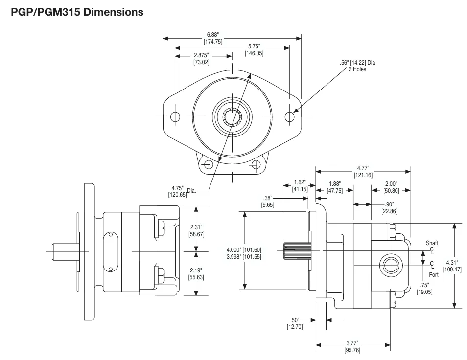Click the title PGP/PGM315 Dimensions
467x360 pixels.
[77, 12]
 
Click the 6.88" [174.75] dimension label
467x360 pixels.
[213, 38]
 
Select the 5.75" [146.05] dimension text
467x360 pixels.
[254, 50]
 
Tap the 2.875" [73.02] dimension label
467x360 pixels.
[202, 59]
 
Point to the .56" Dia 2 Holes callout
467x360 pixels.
[357, 66]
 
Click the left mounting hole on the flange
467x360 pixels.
[175, 117]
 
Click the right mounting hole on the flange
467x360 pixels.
[289, 117]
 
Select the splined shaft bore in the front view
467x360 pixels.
[232, 117]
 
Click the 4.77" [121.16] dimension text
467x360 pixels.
[363, 171]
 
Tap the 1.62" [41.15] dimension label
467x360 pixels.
[300, 186]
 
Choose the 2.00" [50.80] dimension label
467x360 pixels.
[391, 187]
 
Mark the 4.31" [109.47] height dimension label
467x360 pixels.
[452, 266]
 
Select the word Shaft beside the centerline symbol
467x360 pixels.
[432, 243]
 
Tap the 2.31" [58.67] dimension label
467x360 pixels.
[196, 231]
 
